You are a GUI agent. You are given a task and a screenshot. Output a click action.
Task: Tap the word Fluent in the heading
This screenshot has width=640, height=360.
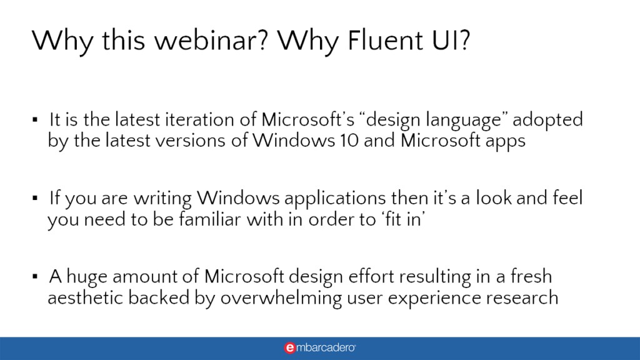(x=386, y=41)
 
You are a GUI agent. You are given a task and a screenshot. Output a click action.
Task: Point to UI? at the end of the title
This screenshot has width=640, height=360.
(x=451, y=41)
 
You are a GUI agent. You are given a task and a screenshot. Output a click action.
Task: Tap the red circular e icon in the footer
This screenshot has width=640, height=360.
(x=290, y=347)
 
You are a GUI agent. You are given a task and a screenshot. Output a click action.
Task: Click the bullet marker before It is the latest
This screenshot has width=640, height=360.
(x=35, y=119)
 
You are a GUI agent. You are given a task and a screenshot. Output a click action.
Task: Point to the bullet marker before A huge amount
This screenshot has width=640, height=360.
(x=35, y=276)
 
